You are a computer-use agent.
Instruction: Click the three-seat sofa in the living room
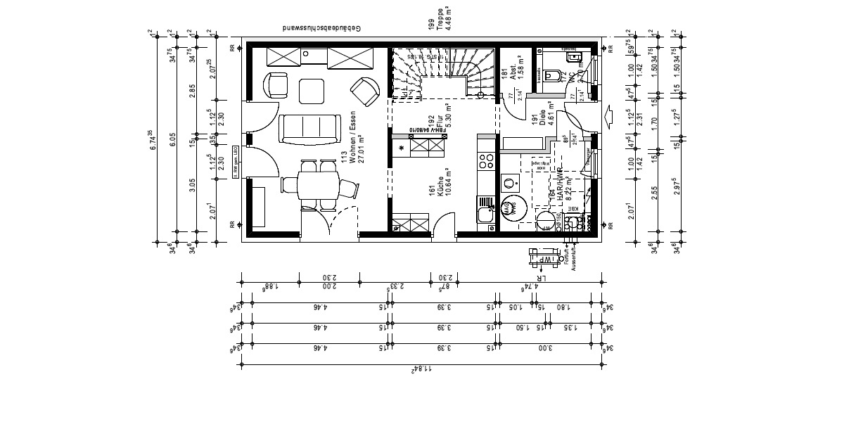pyautogui.click(x=309, y=128)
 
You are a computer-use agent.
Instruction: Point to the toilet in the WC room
pyautogui.click(x=552, y=75)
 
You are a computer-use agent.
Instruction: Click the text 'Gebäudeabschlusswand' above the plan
pyautogui.click(x=321, y=29)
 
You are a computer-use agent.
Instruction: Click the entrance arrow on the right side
pyautogui.click(x=609, y=114)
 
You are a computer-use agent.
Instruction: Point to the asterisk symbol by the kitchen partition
pyautogui.click(x=402, y=148)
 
